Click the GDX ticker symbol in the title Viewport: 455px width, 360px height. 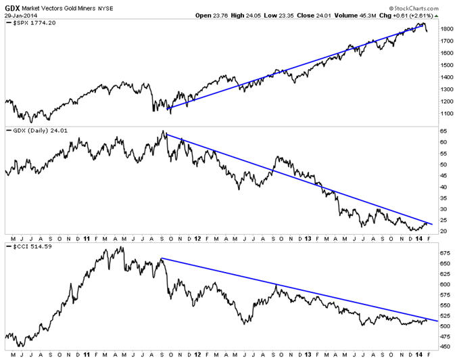pyautogui.click(x=12, y=6)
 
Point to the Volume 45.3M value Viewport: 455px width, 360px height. pyautogui.click(x=371, y=14)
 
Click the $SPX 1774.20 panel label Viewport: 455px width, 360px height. pyautogui.click(x=31, y=23)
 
